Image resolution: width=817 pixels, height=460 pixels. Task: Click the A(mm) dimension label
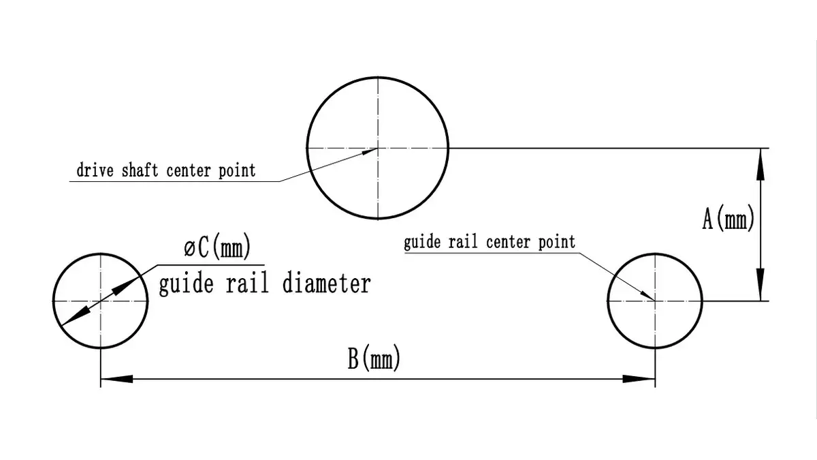tap(728, 218)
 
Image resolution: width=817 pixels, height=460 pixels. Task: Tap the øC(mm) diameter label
tap(217, 246)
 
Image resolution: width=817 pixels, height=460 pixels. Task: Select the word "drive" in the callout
tap(95, 170)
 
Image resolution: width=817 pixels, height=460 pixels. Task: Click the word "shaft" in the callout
tap(140, 170)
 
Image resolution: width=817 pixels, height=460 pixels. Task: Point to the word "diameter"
tap(327, 283)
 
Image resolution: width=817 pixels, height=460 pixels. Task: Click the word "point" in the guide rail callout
tap(557, 242)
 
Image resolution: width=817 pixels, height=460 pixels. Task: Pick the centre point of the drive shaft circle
tap(378, 149)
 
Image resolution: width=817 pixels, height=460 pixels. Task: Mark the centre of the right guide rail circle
tap(655, 301)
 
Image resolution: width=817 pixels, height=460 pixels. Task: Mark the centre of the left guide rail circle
tap(100, 301)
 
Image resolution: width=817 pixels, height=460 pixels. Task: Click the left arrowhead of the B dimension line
tap(116, 379)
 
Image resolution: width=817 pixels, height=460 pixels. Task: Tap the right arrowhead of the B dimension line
tap(639, 379)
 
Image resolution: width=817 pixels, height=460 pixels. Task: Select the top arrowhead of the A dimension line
tap(760, 164)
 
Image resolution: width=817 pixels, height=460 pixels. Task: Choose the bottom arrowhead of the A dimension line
tap(760, 285)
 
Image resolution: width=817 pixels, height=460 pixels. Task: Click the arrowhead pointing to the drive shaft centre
tap(369, 151)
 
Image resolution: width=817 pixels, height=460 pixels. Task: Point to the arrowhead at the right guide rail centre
tap(647, 296)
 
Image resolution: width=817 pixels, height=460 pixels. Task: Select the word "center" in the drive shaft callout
tap(188, 171)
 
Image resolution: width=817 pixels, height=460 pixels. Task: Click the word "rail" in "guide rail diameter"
tap(247, 283)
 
